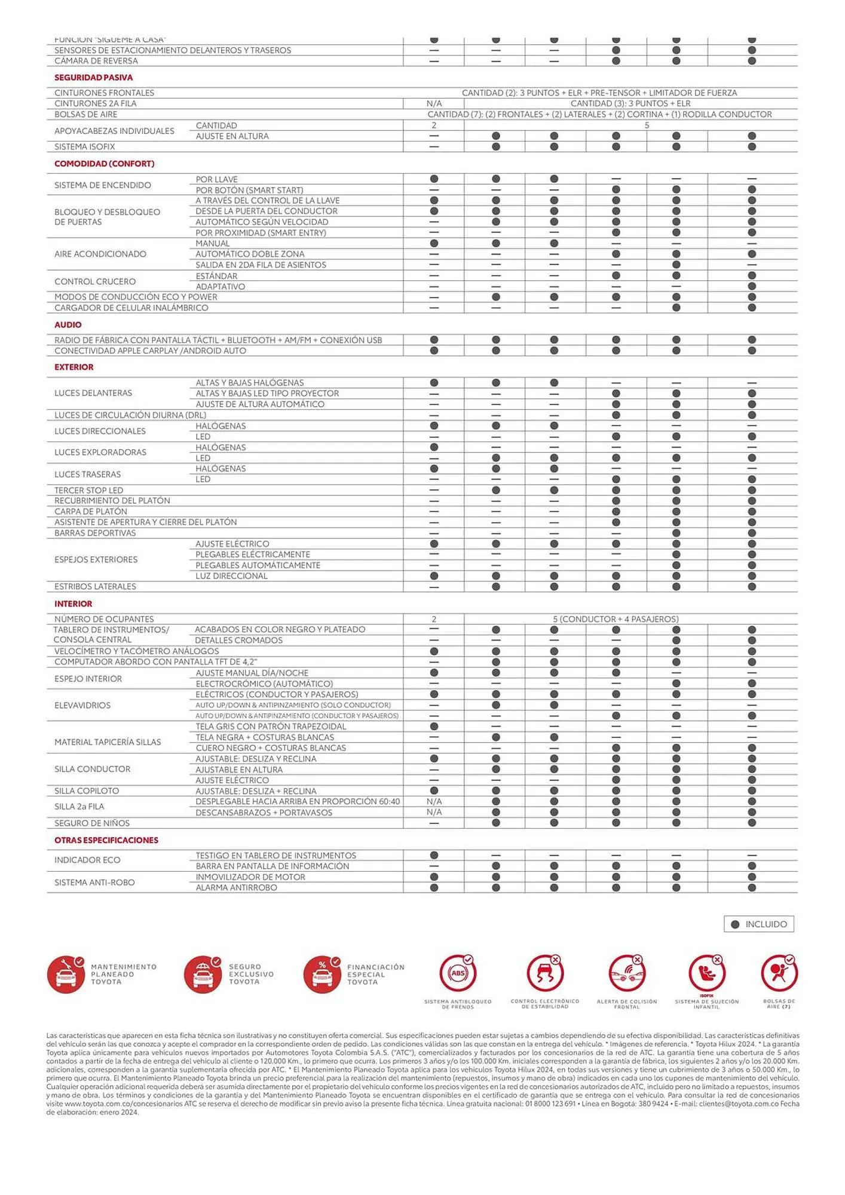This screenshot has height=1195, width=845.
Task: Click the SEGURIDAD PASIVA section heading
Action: tap(93, 78)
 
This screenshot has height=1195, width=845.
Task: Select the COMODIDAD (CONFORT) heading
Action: tap(104, 164)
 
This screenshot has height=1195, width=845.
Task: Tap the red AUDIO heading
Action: tap(68, 325)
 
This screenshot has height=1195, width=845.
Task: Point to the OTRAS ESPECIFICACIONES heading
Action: tap(106, 840)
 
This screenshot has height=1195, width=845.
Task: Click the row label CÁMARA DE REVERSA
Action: tap(96, 61)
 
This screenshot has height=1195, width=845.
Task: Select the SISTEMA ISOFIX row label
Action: tap(84, 147)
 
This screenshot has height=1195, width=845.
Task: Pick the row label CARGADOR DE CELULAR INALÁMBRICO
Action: tap(131, 308)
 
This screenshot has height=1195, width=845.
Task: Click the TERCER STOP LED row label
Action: tap(88, 491)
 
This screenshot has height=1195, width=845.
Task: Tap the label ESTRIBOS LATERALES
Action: tap(95, 587)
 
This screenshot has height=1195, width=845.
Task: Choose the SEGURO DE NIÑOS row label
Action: tap(91, 823)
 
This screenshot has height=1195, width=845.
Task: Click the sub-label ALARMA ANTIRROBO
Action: tap(236, 888)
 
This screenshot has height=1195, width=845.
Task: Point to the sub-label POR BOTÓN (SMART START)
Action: tap(249, 191)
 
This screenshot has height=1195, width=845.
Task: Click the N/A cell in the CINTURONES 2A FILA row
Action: tap(434, 104)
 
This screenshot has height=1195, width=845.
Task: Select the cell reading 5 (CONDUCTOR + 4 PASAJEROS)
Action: tap(616, 620)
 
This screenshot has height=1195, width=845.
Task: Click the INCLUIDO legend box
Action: tap(758, 924)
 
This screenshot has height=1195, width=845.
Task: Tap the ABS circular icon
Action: tap(457, 973)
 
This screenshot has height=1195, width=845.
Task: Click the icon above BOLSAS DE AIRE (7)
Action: tap(778, 973)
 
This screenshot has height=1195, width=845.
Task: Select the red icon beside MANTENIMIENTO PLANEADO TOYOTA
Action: tap(66, 975)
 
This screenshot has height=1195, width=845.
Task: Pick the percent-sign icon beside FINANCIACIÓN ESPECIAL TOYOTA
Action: tap(322, 975)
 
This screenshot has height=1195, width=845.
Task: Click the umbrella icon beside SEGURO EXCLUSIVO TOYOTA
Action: tap(203, 975)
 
